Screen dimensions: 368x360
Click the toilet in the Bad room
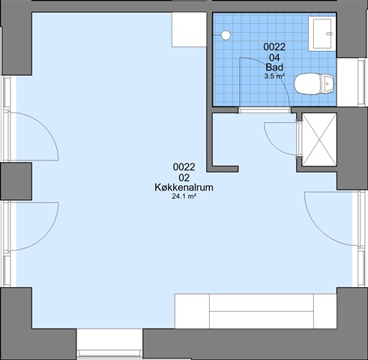(x=314, y=84)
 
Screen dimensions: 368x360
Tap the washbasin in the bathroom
(x=322, y=34)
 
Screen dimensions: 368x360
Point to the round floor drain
(x=226, y=35)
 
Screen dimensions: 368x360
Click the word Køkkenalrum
(x=184, y=187)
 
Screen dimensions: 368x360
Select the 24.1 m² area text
(x=184, y=196)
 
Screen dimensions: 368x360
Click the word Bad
(x=274, y=67)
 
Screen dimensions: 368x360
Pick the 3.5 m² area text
(x=274, y=76)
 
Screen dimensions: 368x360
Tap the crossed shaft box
(x=319, y=139)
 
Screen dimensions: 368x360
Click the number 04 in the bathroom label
(x=274, y=58)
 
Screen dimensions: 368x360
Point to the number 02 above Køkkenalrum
(x=184, y=178)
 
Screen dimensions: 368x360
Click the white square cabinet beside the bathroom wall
(x=189, y=30)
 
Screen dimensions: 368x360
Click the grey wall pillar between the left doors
(x=16, y=181)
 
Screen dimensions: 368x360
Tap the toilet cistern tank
(x=328, y=84)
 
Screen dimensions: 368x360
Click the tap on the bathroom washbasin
(x=330, y=34)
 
